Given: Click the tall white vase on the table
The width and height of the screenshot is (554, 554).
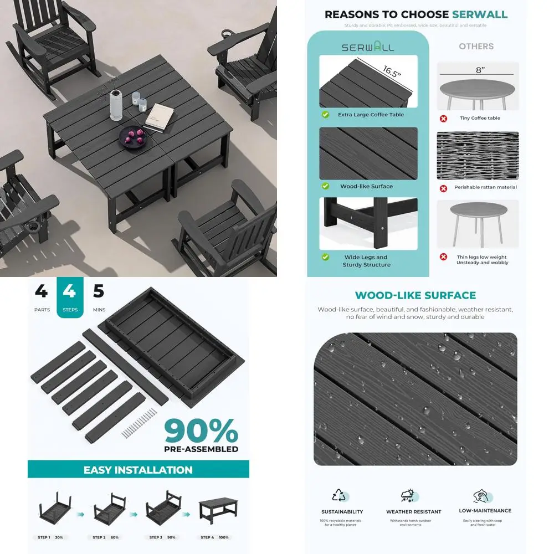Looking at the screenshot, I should click(115, 105).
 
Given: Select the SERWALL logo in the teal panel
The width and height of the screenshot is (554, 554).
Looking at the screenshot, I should click(367, 47).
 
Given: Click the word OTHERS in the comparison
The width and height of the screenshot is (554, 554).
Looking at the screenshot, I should click(476, 47).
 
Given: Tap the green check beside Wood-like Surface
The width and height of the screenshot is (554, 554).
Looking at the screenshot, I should click(326, 186).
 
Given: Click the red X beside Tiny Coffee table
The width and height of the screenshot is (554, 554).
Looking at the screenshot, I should click(443, 118).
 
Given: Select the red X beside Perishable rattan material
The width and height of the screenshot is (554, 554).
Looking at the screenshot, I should click(443, 188).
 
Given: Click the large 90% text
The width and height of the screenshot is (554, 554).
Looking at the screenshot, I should click(201, 431).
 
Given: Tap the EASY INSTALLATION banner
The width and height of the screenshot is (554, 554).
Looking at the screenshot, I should click(138, 470).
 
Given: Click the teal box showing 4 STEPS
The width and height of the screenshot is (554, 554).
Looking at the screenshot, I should click(70, 297).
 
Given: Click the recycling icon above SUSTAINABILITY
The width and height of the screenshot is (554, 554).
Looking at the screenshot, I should click(338, 495).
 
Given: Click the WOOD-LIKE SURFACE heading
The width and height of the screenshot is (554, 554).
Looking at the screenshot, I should click(415, 295).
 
